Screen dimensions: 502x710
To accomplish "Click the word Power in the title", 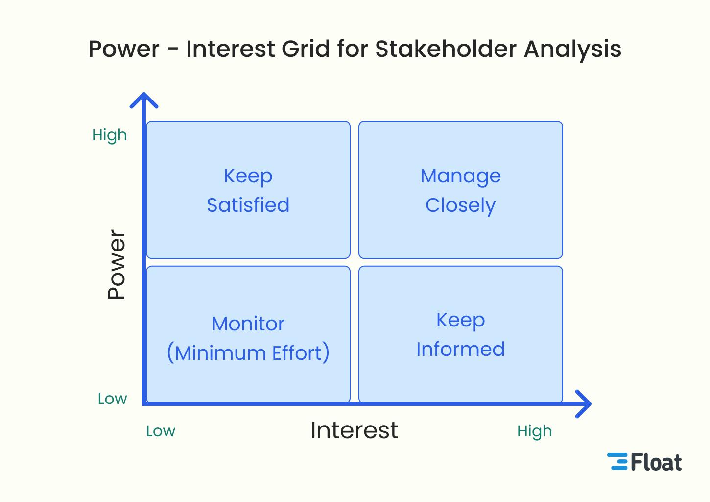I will [x=124, y=49].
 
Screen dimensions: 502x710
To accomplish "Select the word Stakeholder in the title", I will [x=446, y=49].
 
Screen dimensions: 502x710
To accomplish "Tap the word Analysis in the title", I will [x=572, y=49].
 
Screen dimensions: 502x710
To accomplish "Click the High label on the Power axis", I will [x=109, y=135].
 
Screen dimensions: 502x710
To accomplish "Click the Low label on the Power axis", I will [x=112, y=399].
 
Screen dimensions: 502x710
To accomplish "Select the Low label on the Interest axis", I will [x=161, y=431].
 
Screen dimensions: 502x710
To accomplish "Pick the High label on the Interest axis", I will [x=534, y=431].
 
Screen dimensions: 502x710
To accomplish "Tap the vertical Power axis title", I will [x=117, y=264].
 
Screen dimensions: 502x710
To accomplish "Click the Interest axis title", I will [x=354, y=430].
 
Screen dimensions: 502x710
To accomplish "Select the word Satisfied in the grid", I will [x=248, y=205].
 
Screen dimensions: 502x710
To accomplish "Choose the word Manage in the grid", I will [x=460, y=176].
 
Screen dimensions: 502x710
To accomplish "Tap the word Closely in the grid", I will [x=460, y=205].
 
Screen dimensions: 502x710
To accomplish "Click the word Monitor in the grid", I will [x=248, y=324].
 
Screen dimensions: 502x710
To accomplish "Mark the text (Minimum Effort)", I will [x=248, y=353].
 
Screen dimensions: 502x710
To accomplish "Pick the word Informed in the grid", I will [x=460, y=349].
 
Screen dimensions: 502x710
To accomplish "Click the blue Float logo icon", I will [x=617, y=462].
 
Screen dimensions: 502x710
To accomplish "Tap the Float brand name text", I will [x=656, y=462].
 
